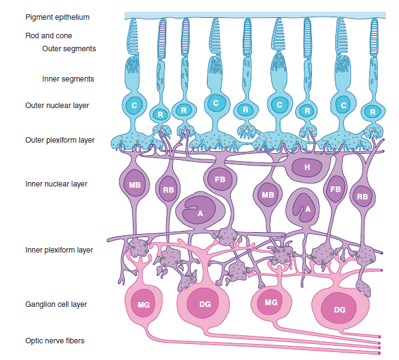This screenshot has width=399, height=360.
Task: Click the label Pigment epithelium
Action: (x=57, y=17)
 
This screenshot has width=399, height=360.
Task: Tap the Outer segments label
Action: (x=69, y=48)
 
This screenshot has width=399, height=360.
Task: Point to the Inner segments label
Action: (x=68, y=79)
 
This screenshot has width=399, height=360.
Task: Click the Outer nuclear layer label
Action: (x=57, y=106)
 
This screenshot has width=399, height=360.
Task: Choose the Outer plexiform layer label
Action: (x=60, y=140)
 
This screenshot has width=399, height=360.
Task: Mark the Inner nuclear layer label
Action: (x=56, y=184)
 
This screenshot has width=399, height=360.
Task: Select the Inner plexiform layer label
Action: (x=59, y=250)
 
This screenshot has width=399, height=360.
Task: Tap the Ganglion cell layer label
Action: (x=56, y=304)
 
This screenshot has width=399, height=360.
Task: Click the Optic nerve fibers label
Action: (x=55, y=340)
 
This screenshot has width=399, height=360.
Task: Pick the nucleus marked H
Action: (x=307, y=167)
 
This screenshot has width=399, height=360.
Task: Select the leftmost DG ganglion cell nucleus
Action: (x=205, y=304)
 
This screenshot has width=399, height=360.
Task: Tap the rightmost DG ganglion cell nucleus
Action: (x=339, y=309)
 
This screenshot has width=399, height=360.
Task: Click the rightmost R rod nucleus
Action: (x=372, y=112)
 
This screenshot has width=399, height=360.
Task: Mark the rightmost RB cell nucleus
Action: (x=362, y=198)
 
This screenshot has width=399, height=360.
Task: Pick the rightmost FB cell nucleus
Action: (x=335, y=190)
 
